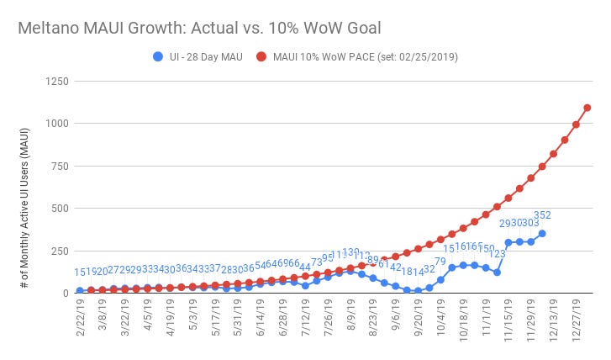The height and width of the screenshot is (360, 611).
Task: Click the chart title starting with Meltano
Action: (199, 27)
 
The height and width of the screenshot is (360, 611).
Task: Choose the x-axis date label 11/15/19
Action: (508, 320)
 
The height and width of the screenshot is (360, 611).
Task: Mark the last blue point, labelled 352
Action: (542, 233)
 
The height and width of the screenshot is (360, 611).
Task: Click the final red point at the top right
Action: (587, 108)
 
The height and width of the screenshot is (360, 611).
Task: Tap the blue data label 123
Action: (497, 253)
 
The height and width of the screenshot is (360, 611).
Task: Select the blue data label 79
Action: (440, 261)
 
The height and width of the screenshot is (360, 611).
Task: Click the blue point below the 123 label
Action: (497, 272)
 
